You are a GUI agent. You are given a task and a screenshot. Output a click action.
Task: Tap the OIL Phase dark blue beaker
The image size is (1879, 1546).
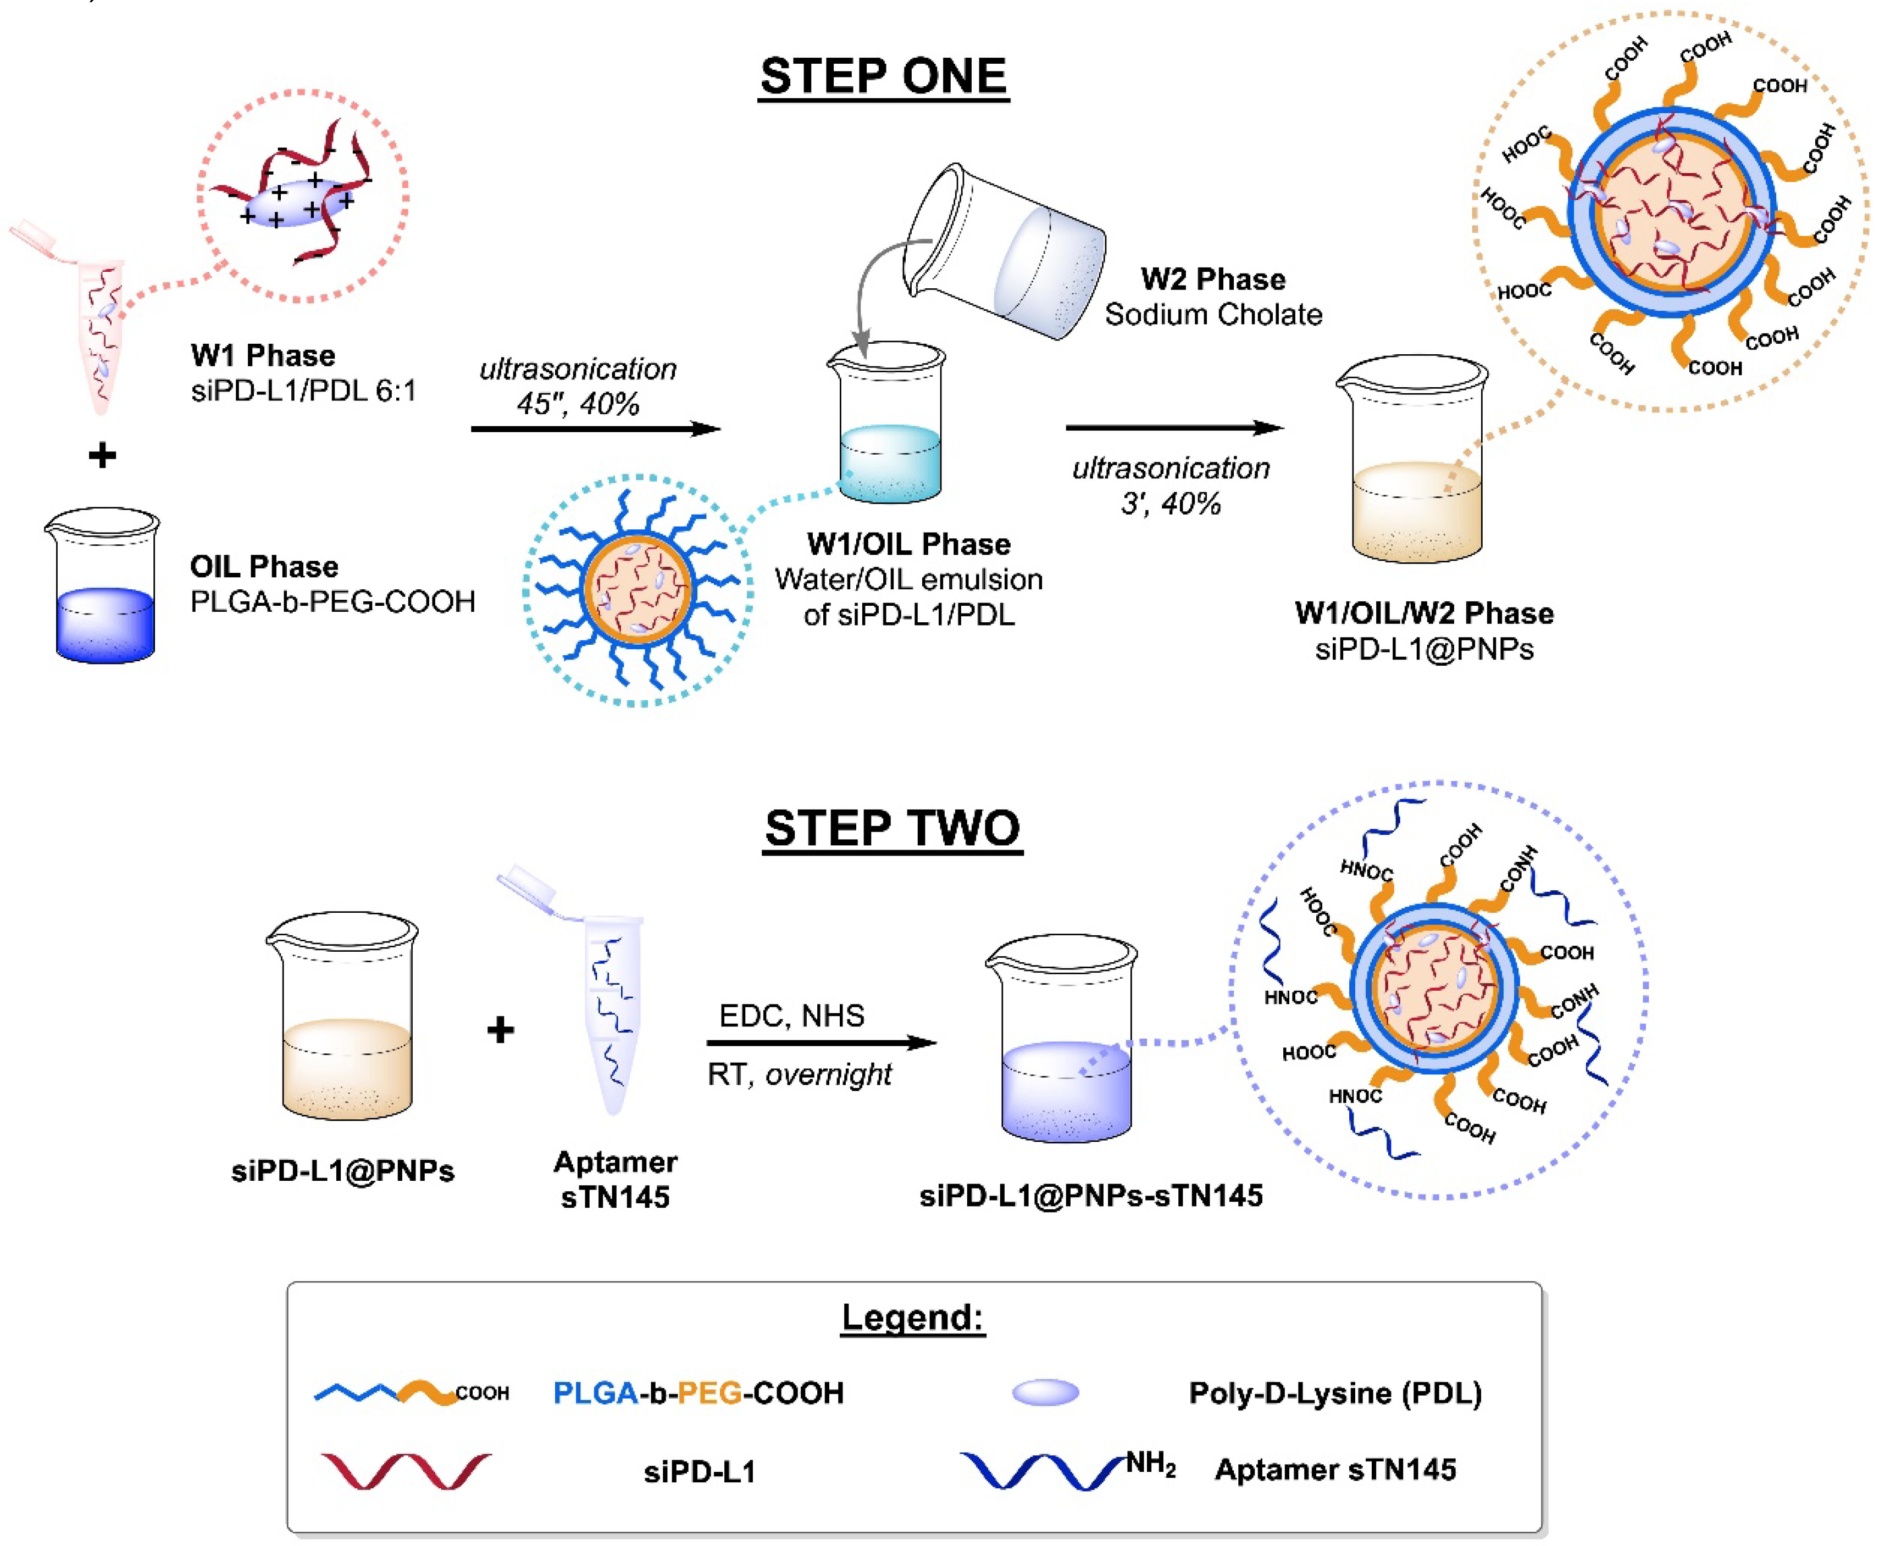103,588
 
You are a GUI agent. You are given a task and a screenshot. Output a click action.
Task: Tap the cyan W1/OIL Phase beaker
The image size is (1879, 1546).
888,427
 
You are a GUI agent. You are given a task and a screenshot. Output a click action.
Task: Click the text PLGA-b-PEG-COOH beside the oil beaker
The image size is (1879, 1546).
332,602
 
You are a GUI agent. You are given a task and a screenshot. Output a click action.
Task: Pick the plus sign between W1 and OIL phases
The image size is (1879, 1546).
102,456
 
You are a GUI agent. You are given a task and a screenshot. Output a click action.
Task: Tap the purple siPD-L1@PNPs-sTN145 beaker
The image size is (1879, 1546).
1064,1042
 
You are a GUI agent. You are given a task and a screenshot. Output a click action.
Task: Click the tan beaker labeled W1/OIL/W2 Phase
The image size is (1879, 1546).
1414,463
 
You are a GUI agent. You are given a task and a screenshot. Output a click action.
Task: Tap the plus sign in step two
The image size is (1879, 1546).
501,1030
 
